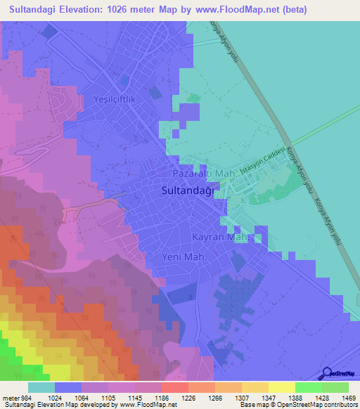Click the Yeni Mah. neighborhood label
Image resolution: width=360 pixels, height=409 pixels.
184,257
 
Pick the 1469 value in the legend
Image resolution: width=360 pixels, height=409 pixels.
337,397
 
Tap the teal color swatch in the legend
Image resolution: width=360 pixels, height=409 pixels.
41,387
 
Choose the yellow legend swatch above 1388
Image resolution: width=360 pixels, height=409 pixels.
282,387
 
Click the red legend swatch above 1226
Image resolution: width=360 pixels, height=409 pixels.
175,387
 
